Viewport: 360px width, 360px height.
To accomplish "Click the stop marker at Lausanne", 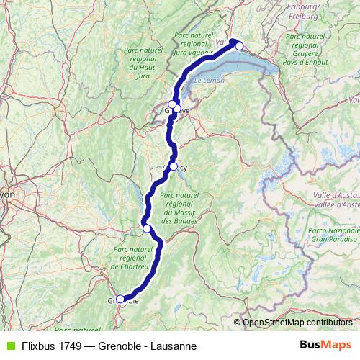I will pyautogui.click(x=240, y=46).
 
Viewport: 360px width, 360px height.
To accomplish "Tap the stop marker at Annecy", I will pyautogui.click(x=174, y=166).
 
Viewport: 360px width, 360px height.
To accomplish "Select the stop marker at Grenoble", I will pyautogui.click(x=120, y=300).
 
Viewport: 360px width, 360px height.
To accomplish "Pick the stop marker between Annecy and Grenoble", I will pyautogui.click(x=147, y=228).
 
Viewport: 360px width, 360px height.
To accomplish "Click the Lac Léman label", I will pyautogui.click(x=209, y=81).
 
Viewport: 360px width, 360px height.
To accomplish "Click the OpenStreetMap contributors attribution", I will pyautogui.click(x=297, y=323).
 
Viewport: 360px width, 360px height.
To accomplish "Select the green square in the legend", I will pyautogui.click(x=9, y=346).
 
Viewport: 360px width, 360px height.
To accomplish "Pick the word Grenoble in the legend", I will pyautogui.click(x=120, y=346).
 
